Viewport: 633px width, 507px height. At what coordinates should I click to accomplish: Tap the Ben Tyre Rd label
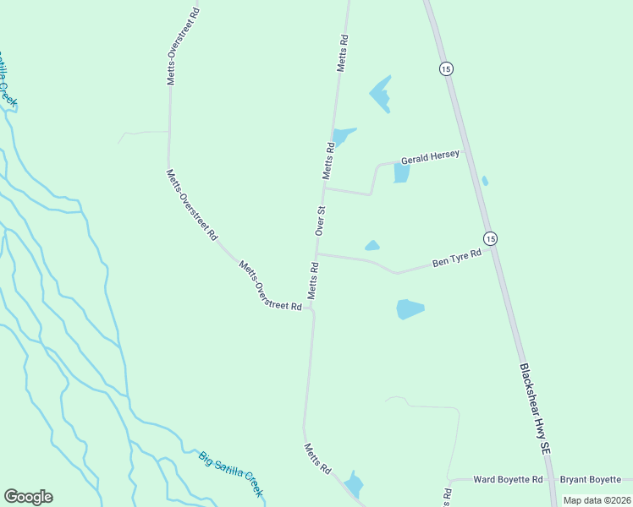(x=456, y=258)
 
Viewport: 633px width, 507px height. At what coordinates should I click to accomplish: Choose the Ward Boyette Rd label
(x=508, y=479)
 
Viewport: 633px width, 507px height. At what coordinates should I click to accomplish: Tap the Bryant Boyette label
(x=591, y=479)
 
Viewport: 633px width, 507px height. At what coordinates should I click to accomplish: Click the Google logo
(x=28, y=497)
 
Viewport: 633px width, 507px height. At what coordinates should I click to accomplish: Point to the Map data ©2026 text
(x=596, y=500)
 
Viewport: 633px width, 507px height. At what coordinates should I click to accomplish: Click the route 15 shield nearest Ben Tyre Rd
(x=490, y=238)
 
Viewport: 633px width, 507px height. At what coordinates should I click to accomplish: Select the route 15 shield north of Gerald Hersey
(x=445, y=68)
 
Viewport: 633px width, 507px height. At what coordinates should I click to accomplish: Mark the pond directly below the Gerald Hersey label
(x=401, y=173)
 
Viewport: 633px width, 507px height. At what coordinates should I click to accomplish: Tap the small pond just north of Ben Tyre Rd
(x=372, y=246)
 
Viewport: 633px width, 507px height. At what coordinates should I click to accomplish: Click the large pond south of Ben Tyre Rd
(x=410, y=309)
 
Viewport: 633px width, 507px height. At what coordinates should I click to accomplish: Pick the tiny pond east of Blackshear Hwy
(x=484, y=180)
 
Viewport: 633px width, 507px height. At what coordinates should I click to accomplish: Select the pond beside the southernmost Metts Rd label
(x=354, y=483)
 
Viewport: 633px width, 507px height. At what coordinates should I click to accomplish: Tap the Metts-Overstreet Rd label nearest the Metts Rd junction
(x=270, y=286)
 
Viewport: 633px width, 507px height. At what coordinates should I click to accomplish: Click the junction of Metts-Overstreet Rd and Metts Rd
(x=311, y=308)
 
